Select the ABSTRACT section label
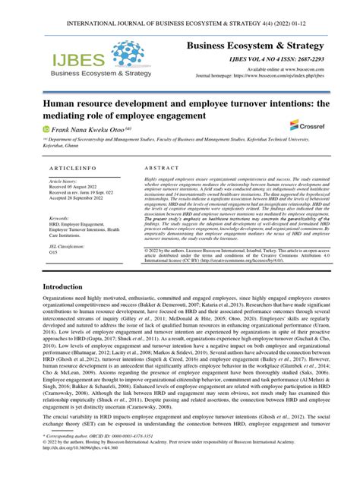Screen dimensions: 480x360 [160, 167]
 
